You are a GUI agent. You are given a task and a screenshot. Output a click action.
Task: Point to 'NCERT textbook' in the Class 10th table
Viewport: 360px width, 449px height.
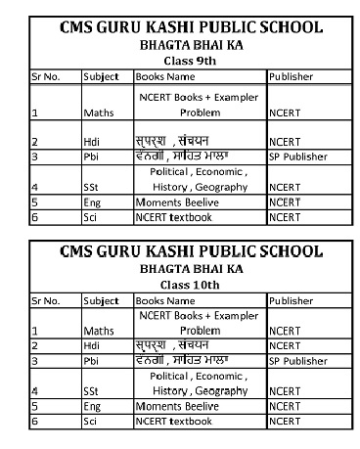point(173,421)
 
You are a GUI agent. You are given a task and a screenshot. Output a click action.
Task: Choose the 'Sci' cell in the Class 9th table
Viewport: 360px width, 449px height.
point(91,216)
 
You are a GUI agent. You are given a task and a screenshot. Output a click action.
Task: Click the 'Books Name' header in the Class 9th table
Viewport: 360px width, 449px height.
point(165,76)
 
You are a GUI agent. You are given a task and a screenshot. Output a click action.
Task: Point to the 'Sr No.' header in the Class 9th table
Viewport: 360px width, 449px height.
point(46,76)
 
